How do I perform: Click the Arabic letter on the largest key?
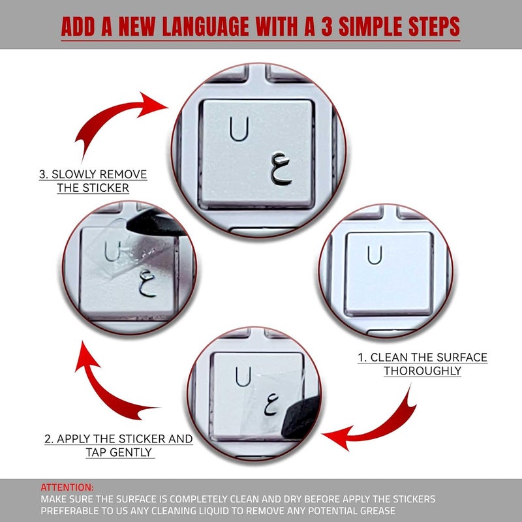click(x=281, y=169)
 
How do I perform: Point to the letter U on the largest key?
click(x=239, y=129)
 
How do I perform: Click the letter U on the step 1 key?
click(x=375, y=254)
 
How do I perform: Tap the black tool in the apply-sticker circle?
click(x=301, y=417)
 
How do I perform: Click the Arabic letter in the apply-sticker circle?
click(x=271, y=404)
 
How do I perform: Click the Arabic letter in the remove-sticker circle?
click(x=147, y=283)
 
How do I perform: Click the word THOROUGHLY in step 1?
click(x=422, y=371)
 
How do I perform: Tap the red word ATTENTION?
click(x=67, y=487)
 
